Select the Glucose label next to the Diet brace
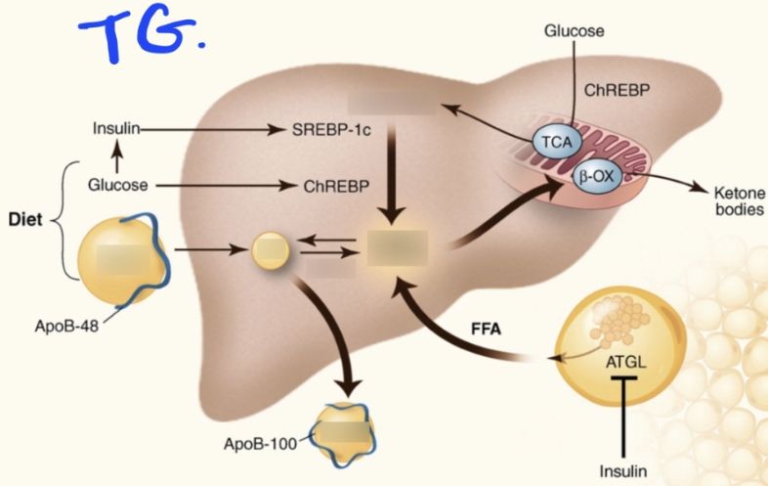click(117, 184)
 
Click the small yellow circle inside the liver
click(271, 250)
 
